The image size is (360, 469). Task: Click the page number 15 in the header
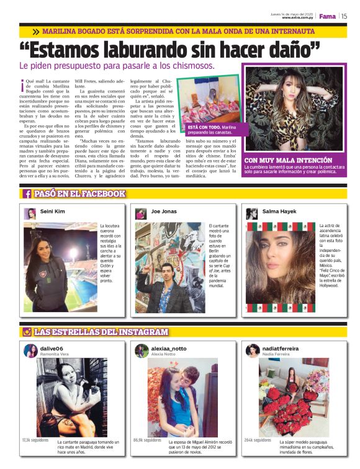pyautogui.click(x=344, y=16)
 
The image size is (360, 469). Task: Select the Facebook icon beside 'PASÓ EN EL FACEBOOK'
pyautogui.click(x=27, y=194)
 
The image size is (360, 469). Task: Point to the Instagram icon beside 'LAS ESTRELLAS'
pyautogui.click(x=27, y=332)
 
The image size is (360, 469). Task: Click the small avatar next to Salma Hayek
pyautogui.click(x=252, y=213)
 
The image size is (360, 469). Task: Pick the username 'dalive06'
pyautogui.click(x=52, y=348)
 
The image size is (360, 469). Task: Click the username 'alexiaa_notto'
pyautogui.click(x=168, y=348)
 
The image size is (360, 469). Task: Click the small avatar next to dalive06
pyautogui.click(x=30, y=351)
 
